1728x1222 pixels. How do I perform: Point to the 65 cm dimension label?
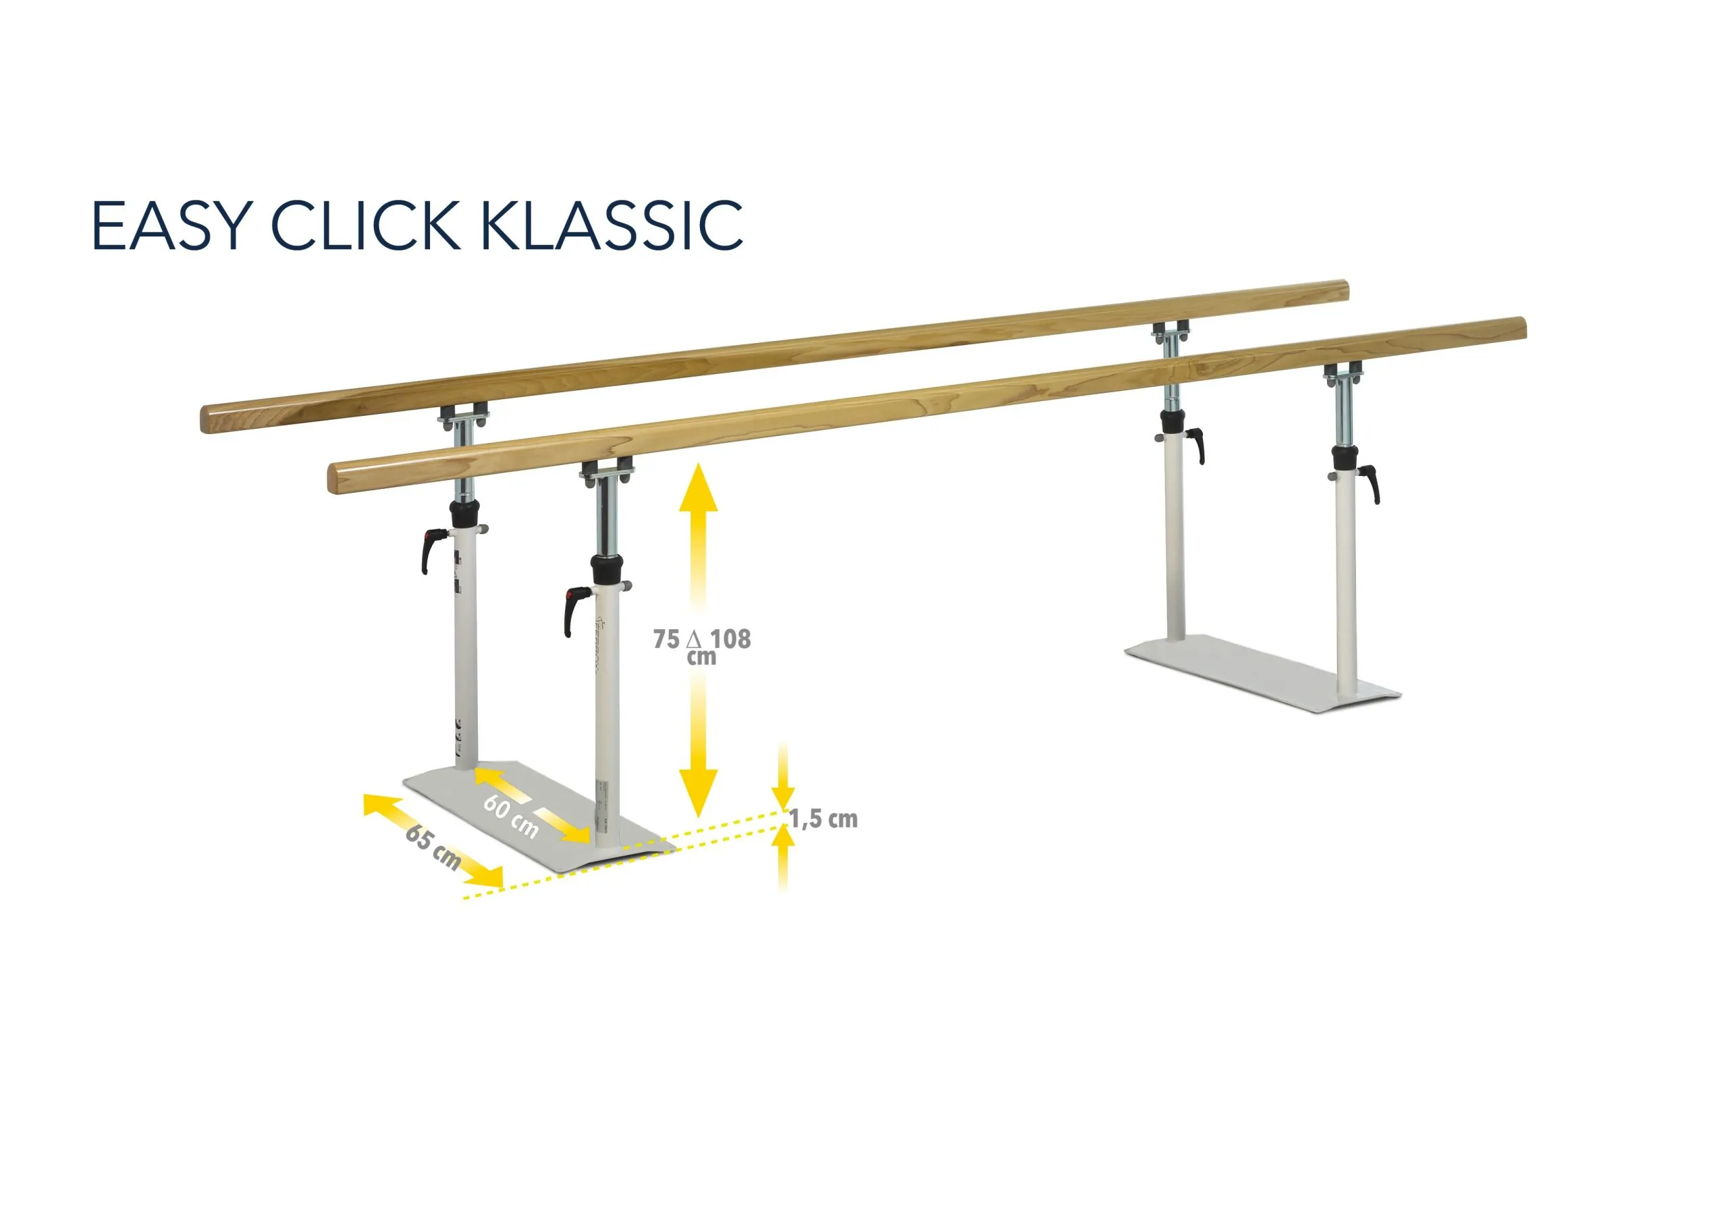tap(433, 847)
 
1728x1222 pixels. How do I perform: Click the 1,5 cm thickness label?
tap(823, 819)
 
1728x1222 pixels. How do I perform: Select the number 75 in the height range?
tap(666, 639)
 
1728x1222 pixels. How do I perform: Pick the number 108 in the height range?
tap(731, 639)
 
